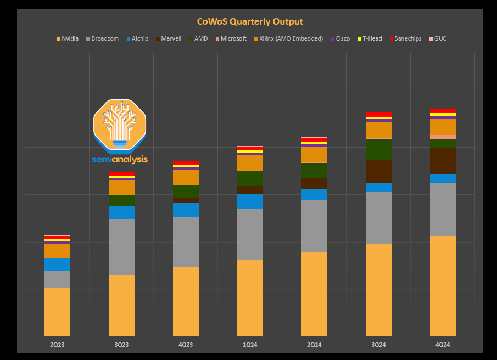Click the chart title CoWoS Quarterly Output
250,22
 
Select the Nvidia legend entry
69,39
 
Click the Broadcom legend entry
104,39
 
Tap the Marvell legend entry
171,39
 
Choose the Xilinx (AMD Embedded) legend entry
291,39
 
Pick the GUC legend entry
440,39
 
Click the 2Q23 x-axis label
57,345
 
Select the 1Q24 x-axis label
250,345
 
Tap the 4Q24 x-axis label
443,345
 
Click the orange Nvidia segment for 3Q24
378,290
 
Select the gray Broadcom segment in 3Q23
121,247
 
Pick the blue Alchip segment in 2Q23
57,265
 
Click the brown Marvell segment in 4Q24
443,161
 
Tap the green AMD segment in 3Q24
378,149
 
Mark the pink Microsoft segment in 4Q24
443,137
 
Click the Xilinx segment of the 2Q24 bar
314,155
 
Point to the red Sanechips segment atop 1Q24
250,148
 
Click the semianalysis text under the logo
120,160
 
